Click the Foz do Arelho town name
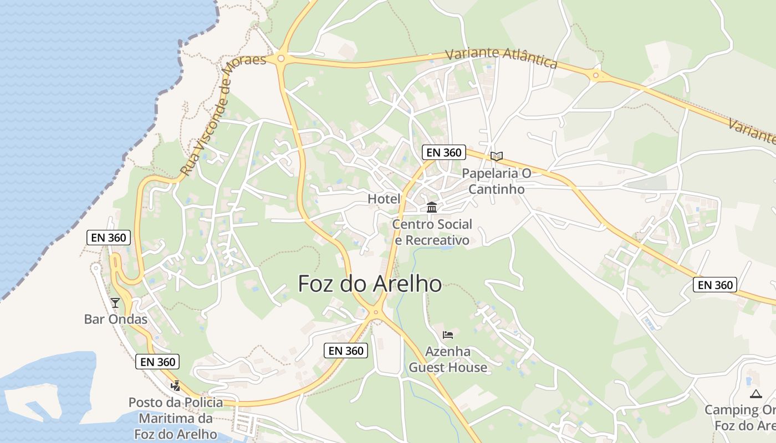pyautogui.click(x=370, y=284)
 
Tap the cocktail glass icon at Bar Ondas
pyautogui.click(x=115, y=302)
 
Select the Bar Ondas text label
pyautogui.click(x=116, y=320)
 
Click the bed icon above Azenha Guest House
pyautogui.click(x=448, y=334)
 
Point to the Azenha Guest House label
pyautogui.click(x=448, y=359)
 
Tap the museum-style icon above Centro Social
pyautogui.click(x=432, y=208)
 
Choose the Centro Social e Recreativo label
pyautogui.click(x=432, y=232)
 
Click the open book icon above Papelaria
pyautogui.click(x=497, y=156)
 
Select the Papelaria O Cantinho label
pyautogui.click(x=497, y=181)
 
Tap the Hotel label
pyautogui.click(x=384, y=199)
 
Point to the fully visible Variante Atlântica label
pyautogui.click(x=501, y=58)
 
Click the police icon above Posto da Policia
pyautogui.click(x=176, y=386)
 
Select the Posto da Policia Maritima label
pyautogui.click(x=176, y=418)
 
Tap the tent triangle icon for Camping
pyautogui.click(x=755, y=394)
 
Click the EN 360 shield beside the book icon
pyautogui.click(x=443, y=152)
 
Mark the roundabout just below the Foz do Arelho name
pyautogui.click(x=376, y=313)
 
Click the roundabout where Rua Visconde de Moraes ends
pyautogui.click(x=281, y=58)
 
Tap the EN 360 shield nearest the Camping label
pyautogui.click(x=715, y=285)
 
